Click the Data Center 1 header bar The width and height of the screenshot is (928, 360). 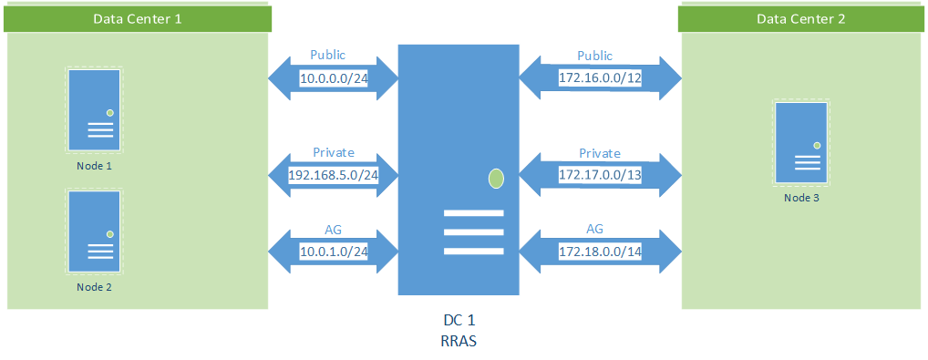(137, 18)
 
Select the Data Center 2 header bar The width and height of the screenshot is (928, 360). (801, 18)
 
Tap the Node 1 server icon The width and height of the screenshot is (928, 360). (94, 109)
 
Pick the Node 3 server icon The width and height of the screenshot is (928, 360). (802, 141)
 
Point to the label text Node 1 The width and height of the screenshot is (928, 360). (95, 166)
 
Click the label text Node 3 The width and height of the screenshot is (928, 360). (802, 198)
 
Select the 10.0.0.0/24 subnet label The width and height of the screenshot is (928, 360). (334, 79)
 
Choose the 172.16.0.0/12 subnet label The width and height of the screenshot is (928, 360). (601, 79)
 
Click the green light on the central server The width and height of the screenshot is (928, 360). (496, 178)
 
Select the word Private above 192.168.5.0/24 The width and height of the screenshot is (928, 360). (334, 152)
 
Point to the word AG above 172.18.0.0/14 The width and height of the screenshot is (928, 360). (595, 229)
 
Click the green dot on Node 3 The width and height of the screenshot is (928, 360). (818, 145)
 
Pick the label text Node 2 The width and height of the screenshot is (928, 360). (95, 287)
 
